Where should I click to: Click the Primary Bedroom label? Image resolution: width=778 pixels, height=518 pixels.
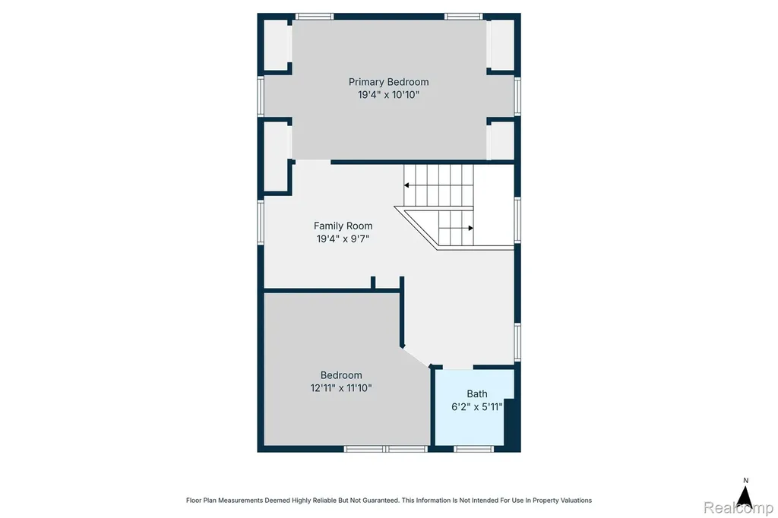tap(388, 82)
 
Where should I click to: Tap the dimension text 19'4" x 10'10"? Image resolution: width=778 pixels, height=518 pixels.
tap(388, 95)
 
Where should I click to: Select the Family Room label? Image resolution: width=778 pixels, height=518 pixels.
tap(343, 226)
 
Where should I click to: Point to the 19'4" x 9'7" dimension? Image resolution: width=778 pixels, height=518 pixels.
tap(343, 238)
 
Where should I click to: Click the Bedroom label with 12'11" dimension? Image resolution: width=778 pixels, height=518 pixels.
tap(341, 375)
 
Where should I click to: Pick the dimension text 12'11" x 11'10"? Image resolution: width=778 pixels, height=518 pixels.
tap(341, 388)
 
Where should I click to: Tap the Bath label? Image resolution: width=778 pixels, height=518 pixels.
tap(477, 394)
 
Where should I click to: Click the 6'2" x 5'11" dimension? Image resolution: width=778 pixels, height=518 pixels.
tap(477, 407)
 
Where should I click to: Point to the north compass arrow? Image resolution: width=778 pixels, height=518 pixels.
tap(745, 497)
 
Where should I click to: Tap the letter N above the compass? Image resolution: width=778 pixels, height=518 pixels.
tap(745, 480)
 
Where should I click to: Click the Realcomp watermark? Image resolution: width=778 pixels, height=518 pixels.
tap(738, 507)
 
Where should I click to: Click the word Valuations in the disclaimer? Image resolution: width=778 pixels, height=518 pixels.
tap(575, 500)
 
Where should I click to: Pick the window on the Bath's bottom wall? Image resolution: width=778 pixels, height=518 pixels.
tap(473, 449)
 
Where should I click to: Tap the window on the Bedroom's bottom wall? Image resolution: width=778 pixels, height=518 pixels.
tap(385, 449)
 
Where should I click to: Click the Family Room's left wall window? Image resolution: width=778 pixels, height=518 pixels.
tap(261, 223)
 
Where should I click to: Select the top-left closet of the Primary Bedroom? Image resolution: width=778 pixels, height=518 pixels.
tap(276, 45)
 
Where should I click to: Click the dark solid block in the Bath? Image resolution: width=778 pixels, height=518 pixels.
tap(511, 422)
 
